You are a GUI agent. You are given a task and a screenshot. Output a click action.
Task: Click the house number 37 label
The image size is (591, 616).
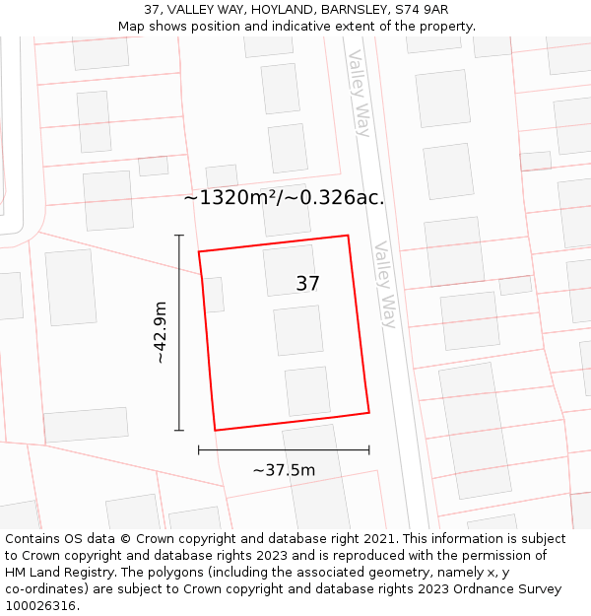pyautogui.click(x=307, y=284)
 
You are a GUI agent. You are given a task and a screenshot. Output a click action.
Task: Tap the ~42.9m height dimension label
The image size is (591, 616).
pyautogui.click(x=160, y=333)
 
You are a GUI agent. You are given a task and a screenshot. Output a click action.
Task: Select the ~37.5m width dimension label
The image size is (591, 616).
pyautogui.click(x=284, y=470)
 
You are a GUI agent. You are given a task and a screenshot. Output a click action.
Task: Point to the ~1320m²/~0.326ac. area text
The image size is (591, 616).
pyautogui.click(x=284, y=197)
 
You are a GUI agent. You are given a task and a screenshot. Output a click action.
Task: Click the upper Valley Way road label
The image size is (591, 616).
pyautogui.click(x=359, y=93)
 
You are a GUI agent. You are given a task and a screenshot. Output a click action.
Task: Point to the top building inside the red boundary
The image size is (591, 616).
pyautogui.click(x=289, y=270)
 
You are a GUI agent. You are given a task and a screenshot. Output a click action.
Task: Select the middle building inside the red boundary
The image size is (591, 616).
pyautogui.click(x=298, y=330)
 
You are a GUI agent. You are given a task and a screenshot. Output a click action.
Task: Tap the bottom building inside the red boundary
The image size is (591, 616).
pyautogui.click(x=307, y=391)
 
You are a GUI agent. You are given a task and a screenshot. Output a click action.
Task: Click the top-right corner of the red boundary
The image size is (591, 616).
pyautogui.click(x=348, y=236)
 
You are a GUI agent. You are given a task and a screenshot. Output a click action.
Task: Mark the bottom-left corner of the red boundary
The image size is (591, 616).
pyautogui.click(x=215, y=431)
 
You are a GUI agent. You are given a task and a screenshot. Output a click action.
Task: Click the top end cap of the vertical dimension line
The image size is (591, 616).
pyautogui.click(x=179, y=236)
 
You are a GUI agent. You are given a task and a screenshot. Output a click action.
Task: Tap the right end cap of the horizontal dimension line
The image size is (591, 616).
pyautogui.click(x=369, y=449)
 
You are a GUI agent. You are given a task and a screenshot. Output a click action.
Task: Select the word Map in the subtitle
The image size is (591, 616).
pyautogui.click(x=132, y=27)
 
